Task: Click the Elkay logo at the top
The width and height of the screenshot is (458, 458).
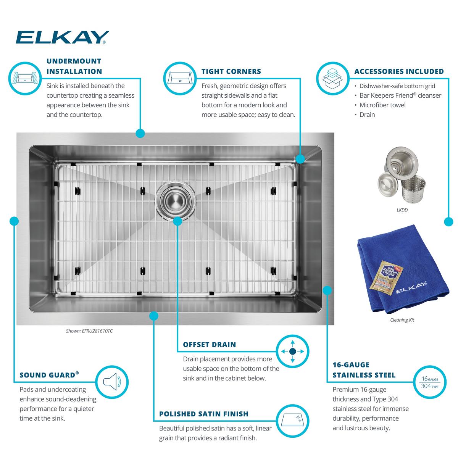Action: (x=62, y=37)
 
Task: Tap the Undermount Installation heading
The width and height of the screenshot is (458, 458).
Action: (x=74, y=66)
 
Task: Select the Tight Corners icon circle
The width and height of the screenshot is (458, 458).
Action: (x=180, y=79)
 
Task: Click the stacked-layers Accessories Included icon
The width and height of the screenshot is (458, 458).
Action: (x=332, y=79)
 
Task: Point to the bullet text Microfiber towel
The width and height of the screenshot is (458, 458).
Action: (x=382, y=105)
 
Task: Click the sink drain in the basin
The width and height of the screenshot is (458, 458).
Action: (x=176, y=201)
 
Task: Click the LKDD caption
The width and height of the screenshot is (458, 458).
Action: (x=402, y=210)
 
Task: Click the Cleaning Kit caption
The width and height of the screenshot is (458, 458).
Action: (x=402, y=320)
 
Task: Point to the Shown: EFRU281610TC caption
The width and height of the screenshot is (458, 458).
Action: (x=89, y=331)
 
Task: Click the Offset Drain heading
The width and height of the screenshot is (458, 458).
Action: (x=210, y=345)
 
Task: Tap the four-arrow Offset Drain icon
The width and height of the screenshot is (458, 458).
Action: (x=293, y=351)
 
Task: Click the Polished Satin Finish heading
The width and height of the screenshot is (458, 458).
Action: (x=204, y=414)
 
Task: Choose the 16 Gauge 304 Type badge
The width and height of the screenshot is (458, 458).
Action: (x=430, y=382)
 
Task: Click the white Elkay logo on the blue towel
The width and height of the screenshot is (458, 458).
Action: (x=411, y=287)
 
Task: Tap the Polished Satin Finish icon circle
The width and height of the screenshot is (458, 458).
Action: (x=293, y=421)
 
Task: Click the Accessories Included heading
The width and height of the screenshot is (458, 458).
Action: (x=399, y=71)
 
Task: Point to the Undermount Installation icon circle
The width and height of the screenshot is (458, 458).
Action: (x=25, y=79)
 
